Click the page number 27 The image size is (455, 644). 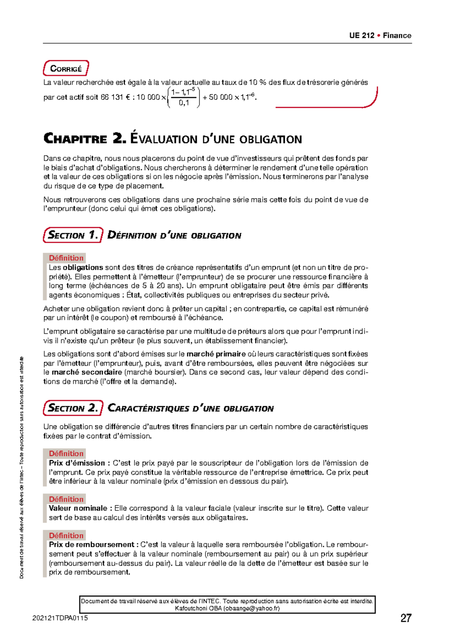click(x=405, y=618)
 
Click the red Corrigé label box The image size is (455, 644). click(x=66, y=69)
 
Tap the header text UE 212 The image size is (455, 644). click(x=362, y=36)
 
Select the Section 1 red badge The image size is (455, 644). click(x=73, y=235)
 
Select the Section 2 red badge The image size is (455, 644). click(x=73, y=408)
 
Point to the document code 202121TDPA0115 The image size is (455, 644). click(x=60, y=618)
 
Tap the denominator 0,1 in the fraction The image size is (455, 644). click(x=184, y=103)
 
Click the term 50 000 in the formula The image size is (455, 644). click(x=220, y=98)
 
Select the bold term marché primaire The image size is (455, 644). click(x=216, y=354)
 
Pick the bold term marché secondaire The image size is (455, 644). click(x=87, y=372)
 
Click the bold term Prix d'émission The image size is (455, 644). click(x=77, y=463)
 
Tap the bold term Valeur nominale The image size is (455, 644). click(x=78, y=508)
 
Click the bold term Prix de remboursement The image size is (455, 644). click(x=91, y=545)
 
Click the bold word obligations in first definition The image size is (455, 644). click(x=83, y=267)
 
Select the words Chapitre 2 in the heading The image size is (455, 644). click(x=84, y=139)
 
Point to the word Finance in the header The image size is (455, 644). click(x=397, y=36)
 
